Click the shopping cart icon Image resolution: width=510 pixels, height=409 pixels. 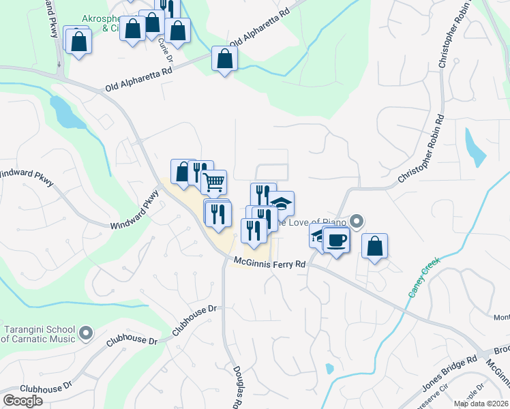click(x=214, y=182)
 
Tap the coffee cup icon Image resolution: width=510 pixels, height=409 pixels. click(x=336, y=241)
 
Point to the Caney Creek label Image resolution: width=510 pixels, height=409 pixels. click(x=424, y=277)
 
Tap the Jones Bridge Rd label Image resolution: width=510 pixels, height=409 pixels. click(x=449, y=373)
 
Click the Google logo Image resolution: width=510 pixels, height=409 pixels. click(x=22, y=401)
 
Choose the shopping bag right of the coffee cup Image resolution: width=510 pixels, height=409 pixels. click(x=374, y=246)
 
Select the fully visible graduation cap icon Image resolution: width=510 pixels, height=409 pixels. click(x=281, y=203)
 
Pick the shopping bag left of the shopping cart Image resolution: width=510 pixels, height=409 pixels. click(x=183, y=172)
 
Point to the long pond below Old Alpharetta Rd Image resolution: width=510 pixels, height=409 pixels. click(x=67, y=113)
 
